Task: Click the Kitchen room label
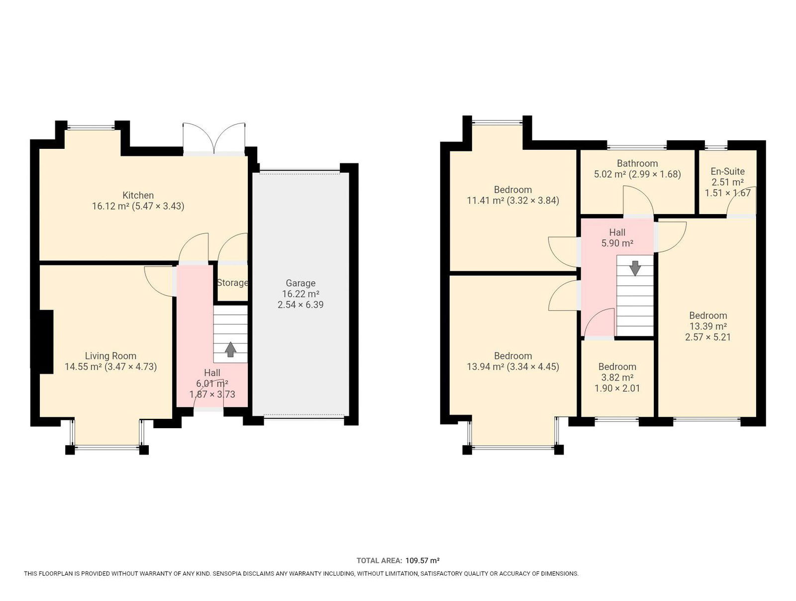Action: tap(138, 195)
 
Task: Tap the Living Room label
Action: tap(110, 356)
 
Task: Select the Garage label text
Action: tap(300, 283)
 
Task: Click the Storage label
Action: tap(232, 282)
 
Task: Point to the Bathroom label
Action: tap(637, 163)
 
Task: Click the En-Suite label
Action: tap(727, 171)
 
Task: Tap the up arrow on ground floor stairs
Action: tap(230, 349)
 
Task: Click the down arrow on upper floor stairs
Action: tap(635, 268)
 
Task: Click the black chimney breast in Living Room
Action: tap(45, 341)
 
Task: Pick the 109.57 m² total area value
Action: tap(422, 560)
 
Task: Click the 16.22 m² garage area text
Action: tap(300, 294)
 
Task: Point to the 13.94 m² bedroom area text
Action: tap(485, 366)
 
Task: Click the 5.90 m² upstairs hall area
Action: tap(617, 243)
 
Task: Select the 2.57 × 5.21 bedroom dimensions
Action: tap(707, 337)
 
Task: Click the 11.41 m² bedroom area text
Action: tap(485, 200)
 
